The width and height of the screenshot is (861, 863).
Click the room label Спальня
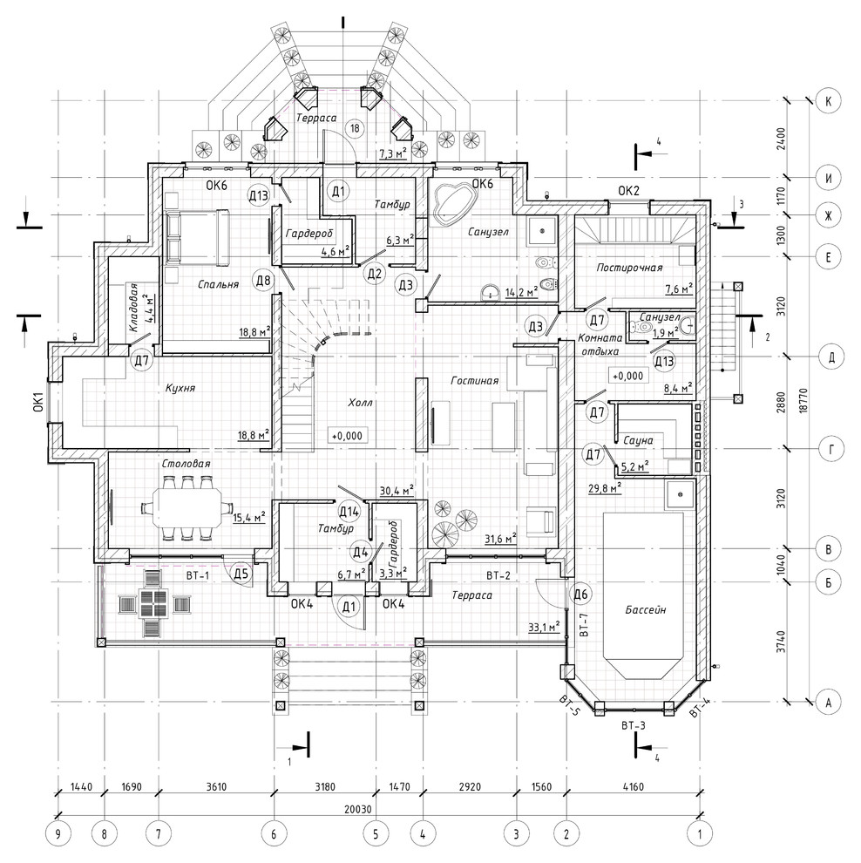pos(219,284)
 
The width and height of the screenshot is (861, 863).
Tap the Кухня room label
pos(180,388)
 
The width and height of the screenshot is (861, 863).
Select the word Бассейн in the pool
pos(646,609)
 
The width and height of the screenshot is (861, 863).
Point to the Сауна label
pos(638,440)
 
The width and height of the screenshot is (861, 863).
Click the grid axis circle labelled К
pos(829,101)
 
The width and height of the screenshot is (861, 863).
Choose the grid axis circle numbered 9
pos(58,834)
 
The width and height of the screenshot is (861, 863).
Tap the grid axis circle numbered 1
pos(700,834)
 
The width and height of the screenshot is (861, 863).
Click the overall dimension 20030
pos(357,809)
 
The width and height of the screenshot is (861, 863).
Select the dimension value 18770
pos(803,401)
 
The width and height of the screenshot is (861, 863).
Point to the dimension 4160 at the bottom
pos(634,786)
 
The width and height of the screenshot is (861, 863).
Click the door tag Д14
pos(349,512)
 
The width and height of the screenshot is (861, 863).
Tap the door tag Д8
pos(263,281)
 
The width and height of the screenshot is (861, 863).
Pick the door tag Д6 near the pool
pos(581,595)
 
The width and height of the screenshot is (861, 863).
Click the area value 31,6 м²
pos(500,538)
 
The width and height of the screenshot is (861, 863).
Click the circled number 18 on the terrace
pos(355,128)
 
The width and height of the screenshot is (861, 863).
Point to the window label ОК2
pos(629,191)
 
